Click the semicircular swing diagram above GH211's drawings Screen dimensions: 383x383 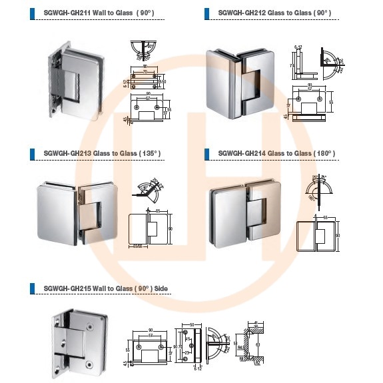[143, 50]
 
